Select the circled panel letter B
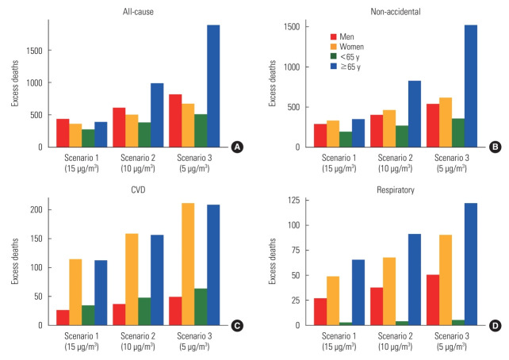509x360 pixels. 496,147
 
